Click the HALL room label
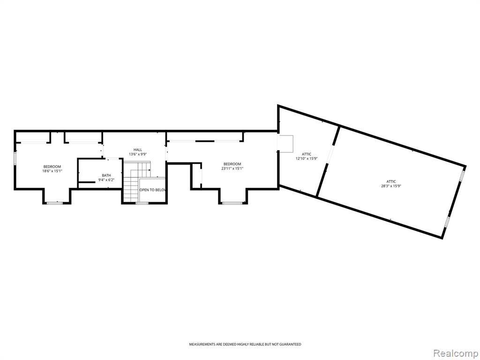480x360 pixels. click(x=138, y=150)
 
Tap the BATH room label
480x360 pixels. click(x=106, y=175)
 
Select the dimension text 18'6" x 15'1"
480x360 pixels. click(x=52, y=171)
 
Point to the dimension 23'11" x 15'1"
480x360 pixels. click(x=232, y=168)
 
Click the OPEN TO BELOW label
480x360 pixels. click(x=152, y=190)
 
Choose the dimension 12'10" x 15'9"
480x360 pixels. click(x=307, y=158)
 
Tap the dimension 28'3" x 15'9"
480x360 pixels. click(x=391, y=186)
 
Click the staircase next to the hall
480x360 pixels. click(x=137, y=182)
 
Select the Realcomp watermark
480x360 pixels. click(x=456, y=353)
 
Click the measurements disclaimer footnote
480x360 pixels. click(x=245, y=345)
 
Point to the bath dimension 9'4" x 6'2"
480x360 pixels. click(x=106, y=180)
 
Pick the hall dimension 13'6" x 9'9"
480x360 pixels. click(x=138, y=154)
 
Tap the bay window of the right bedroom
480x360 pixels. click(x=232, y=202)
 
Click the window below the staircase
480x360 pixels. click(x=142, y=203)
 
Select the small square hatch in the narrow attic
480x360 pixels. click(x=285, y=143)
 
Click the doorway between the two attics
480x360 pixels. click(x=330, y=154)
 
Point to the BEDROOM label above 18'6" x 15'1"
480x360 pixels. click(x=52, y=166)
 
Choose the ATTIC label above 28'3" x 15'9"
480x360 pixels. click(x=391, y=181)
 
